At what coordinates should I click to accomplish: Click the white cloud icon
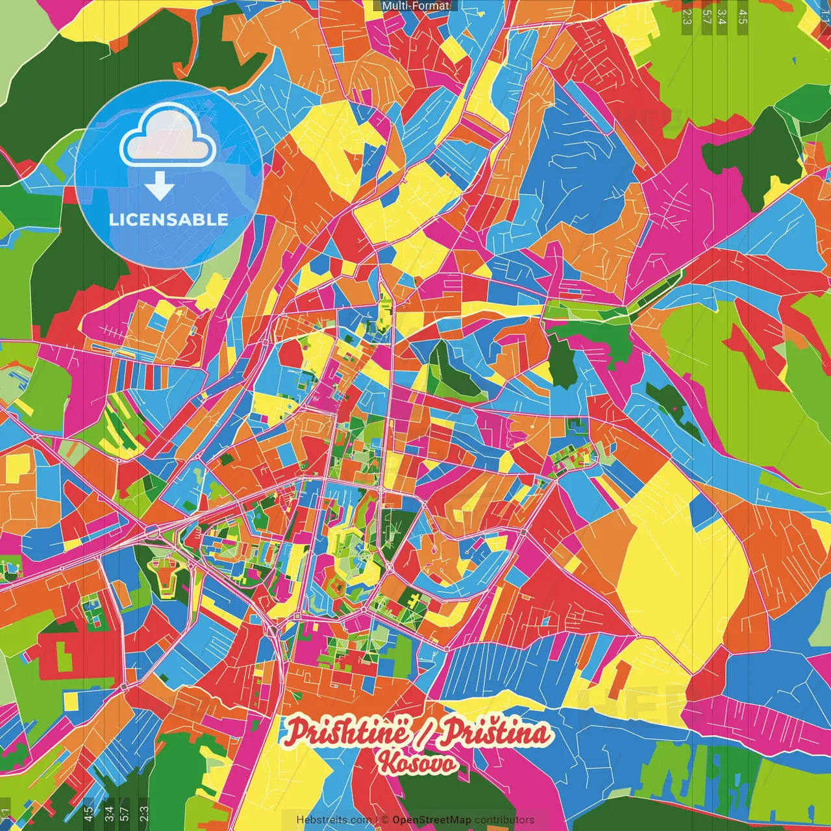(x=167, y=135)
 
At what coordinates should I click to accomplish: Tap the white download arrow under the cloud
(x=159, y=186)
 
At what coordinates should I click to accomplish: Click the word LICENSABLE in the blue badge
(x=169, y=219)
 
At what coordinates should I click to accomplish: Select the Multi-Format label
(x=415, y=6)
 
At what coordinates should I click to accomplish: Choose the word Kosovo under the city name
(x=419, y=763)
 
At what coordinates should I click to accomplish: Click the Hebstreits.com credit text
(x=334, y=820)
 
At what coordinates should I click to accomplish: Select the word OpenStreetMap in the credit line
(x=432, y=820)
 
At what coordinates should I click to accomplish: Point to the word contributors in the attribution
(x=504, y=820)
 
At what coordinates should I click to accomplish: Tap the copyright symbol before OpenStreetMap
(x=384, y=820)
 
